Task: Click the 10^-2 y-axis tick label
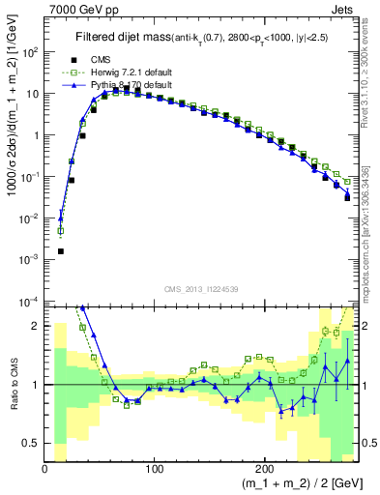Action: (29, 218)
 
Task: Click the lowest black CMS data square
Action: (60, 251)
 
